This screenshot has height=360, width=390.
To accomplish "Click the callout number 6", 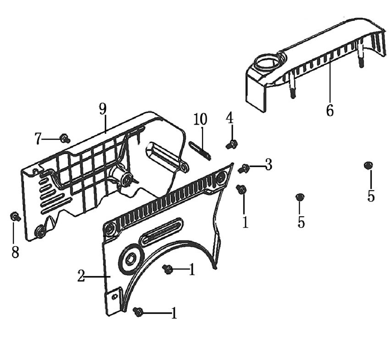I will [x=330, y=110].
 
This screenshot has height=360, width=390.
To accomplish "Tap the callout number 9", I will [x=103, y=109].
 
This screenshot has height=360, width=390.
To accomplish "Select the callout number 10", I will [x=200, y=120].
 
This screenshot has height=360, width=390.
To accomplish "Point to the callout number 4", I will [x=230, y=118].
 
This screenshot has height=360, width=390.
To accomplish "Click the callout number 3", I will [x=268, y=165].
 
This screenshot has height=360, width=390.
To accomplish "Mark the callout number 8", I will [x=15, y=251].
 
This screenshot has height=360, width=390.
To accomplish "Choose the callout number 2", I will [x=81, y=277].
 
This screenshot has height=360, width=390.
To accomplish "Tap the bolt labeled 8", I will [x=15, y=216].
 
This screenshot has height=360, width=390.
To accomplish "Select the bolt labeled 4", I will [x=232, y=145].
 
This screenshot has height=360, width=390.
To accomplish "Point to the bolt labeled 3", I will [x=244, y=169].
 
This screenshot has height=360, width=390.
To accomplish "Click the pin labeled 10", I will [x=200, y=151].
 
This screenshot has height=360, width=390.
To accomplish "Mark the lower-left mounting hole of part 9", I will [x=41, y=231].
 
